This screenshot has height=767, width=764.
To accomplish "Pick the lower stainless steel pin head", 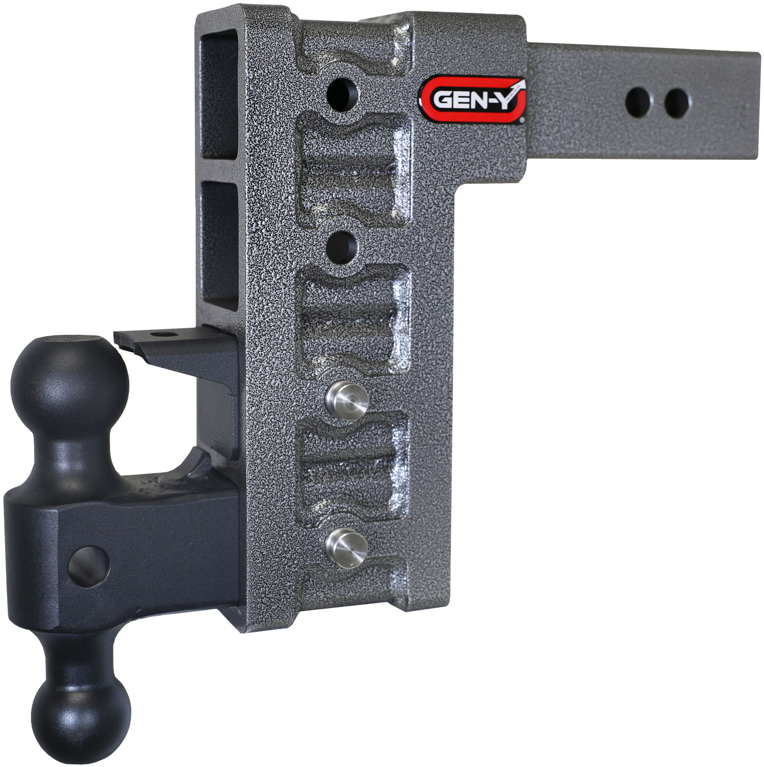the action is pos(347,548).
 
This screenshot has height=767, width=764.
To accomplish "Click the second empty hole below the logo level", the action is pos(341,247).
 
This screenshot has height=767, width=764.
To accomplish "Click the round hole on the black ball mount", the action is pos(89,566).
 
